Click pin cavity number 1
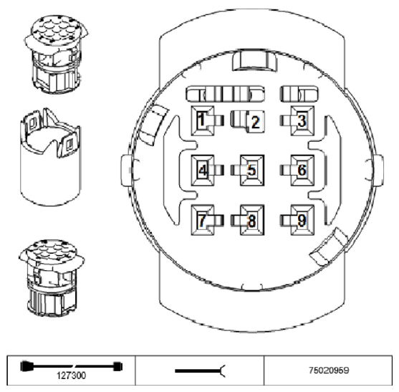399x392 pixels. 203,120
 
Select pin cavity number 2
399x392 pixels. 253,122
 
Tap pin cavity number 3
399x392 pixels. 302,120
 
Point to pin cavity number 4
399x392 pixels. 203,170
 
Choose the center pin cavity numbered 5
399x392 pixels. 252,170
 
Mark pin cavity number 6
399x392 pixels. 302,170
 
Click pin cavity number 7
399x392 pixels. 203,220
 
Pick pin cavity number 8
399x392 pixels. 252,220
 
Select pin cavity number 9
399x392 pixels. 302,220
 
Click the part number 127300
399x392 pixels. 71,376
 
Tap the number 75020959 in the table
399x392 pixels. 329,370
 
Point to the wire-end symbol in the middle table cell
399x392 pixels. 201,371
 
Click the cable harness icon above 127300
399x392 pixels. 72,366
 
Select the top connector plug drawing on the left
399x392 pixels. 57,54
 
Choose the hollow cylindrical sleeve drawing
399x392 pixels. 50,157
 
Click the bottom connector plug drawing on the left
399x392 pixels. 52,278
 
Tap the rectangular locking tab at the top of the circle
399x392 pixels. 255,60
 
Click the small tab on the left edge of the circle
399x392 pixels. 127,170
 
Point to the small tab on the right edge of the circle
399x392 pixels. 378,170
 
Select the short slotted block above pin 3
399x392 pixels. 299,94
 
